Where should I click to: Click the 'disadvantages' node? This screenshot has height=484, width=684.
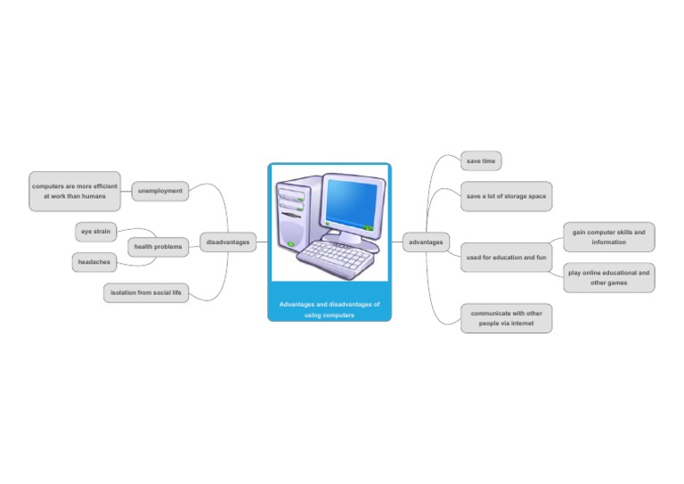point(228,242)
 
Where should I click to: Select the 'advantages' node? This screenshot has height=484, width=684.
point(426,242)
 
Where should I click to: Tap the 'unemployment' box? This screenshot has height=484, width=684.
point(160,191)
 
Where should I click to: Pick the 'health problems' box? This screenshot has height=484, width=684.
point(158,247)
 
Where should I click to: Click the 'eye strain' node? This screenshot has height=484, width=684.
point(95,232)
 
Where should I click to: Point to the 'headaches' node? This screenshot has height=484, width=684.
point(94,263)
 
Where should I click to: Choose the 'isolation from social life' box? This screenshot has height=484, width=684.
point(146,292)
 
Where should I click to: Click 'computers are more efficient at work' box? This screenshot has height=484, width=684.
point(75,191)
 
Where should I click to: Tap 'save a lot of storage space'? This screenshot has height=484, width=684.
point(506,196)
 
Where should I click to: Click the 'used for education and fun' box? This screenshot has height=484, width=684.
point(506,258)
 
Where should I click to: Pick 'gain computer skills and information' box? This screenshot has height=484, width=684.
point(608,237)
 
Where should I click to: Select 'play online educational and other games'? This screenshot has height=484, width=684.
point(608,277)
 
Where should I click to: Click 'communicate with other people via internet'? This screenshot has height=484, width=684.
point(506,318)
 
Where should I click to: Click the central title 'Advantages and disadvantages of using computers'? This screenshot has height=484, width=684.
point(330,309)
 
